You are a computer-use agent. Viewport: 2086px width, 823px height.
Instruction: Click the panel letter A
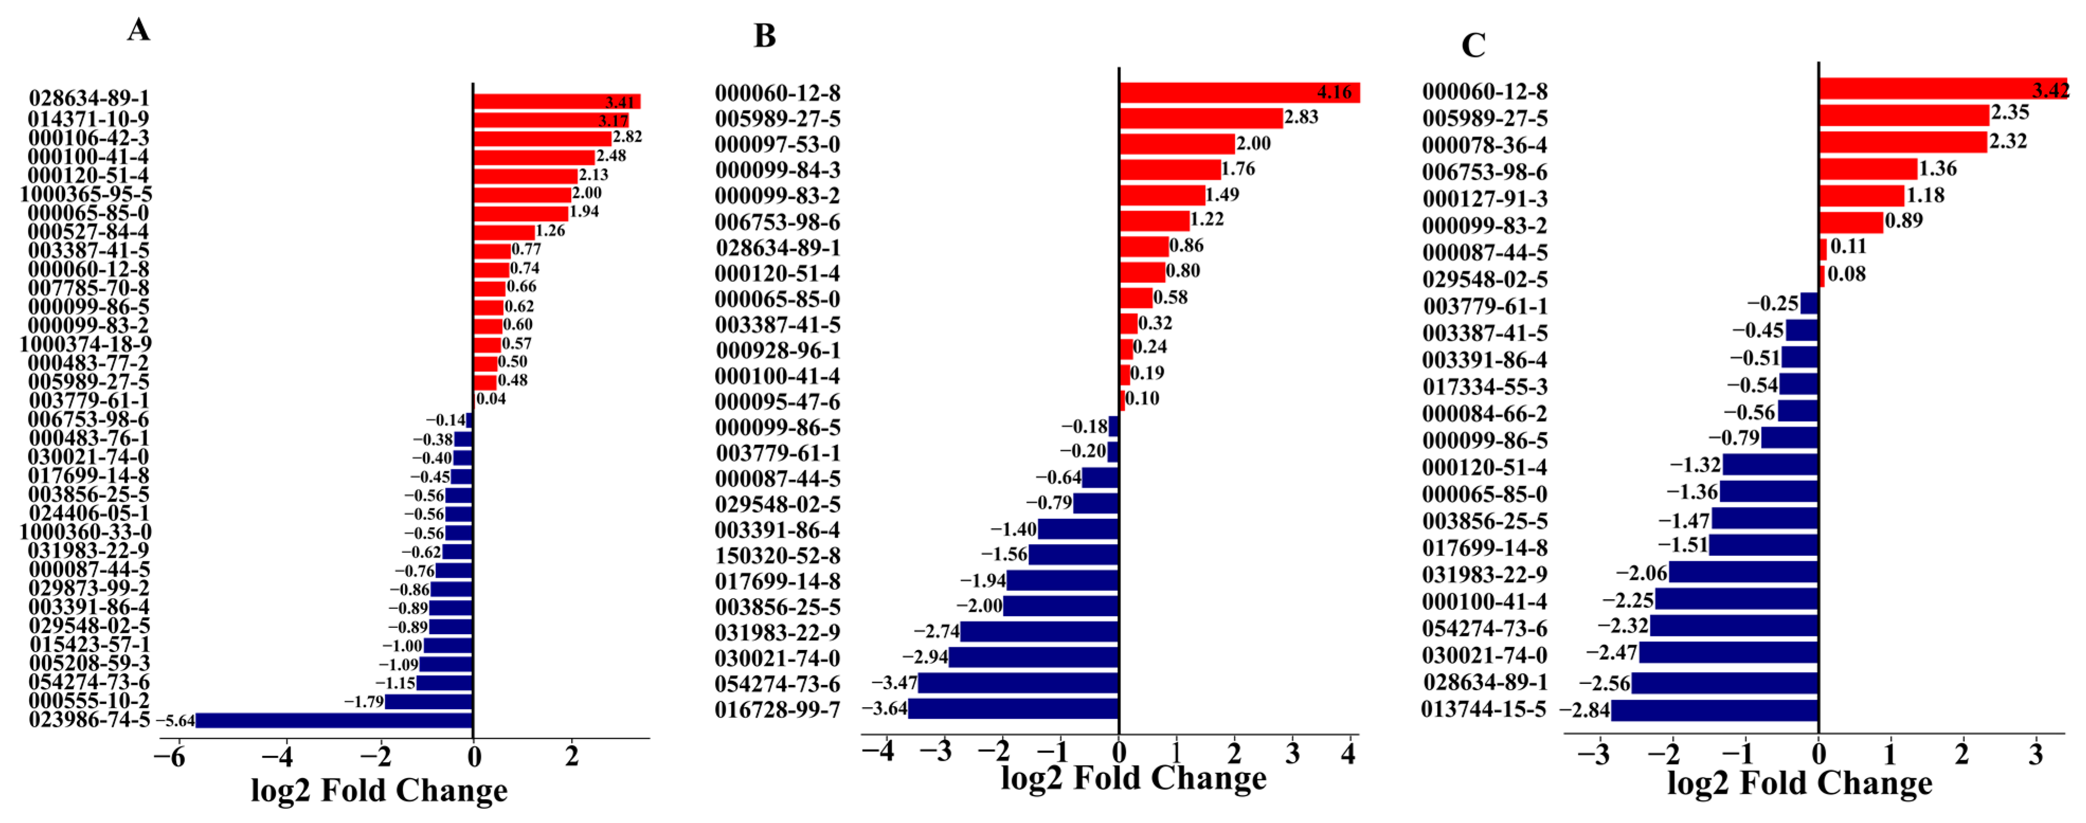pyautogui.click(x=139, y=30)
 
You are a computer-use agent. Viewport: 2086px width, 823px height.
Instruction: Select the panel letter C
pyautogui.click(x=1473, y=45)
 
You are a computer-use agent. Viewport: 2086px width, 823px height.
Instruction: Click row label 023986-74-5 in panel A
pyautogui.click(x=89, y=719)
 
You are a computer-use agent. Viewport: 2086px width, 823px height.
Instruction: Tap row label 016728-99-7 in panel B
pyautogui.click(x=778, y=710)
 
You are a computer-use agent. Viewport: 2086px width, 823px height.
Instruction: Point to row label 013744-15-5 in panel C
pyautogui.click(x=1484, y=710)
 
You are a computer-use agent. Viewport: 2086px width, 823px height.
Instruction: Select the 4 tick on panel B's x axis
pyautogui.click(x=1348, y=753)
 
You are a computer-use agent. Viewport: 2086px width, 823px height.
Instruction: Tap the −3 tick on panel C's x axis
pyautogui.click(x=1594, y=755)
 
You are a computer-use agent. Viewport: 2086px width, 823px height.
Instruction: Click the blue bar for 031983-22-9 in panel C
pyautogui.click(x=1744, y=573)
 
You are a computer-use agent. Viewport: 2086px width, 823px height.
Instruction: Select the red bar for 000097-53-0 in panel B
pyautogui.click(x=1177, y=144)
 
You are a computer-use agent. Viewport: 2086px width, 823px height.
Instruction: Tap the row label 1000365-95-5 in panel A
pyautogui.click(x=86, y=194)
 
